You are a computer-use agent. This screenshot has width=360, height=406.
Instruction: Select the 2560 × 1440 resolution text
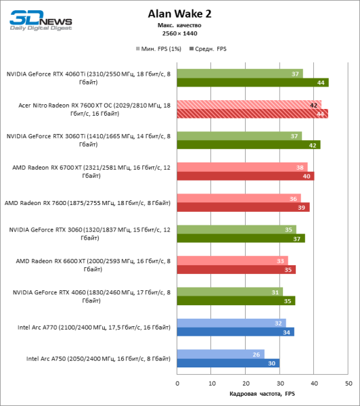tap(179, 33)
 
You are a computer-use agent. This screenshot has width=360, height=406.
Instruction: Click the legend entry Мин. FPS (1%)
tap(160, 49)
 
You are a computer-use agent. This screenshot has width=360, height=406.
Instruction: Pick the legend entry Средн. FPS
tap(210, 49)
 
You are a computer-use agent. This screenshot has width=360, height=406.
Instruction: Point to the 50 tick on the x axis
tap(348, 382)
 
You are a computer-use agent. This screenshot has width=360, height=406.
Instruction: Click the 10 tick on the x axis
tap(211, 382)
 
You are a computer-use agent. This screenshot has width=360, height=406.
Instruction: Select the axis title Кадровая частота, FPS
tap(263, 394)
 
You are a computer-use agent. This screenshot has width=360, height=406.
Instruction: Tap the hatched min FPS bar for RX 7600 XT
tap(249, 105)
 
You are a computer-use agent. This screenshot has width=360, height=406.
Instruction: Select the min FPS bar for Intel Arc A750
tap(221, 353)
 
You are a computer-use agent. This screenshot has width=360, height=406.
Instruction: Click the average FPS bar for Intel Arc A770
tap(235, 332)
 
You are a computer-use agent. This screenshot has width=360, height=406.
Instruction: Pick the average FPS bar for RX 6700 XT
tap(246, 176)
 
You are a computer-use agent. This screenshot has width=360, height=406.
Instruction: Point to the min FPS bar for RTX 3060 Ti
tap(240, 136)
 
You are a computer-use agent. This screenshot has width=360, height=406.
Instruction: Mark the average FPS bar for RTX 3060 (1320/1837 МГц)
tap(241, 238)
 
